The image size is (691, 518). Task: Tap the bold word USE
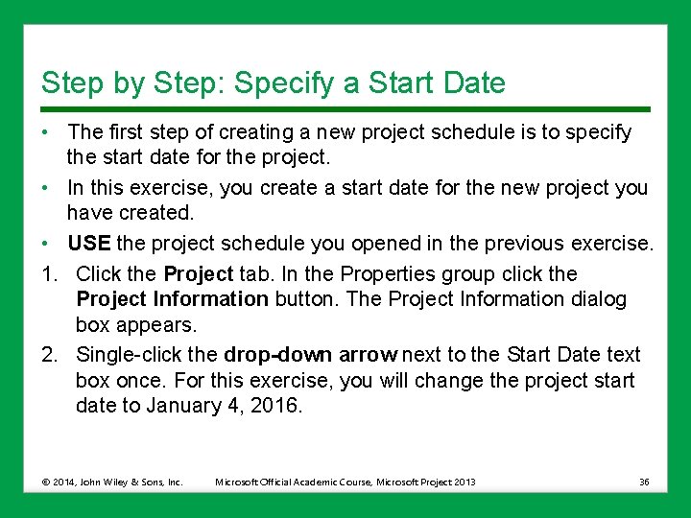point(89,244)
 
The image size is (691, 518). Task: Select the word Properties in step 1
point(383,273)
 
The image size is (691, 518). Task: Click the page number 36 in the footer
point(644,482)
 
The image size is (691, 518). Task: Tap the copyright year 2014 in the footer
point(65,482)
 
